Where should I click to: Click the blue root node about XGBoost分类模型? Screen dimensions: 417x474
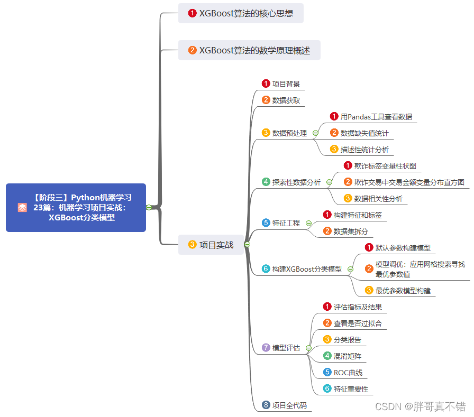tap(76, 207)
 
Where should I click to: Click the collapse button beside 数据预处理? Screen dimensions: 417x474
tap(315, 133)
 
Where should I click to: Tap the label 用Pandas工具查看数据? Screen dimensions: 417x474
tap(376, 117)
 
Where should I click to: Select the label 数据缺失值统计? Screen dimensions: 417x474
tap(364, 133)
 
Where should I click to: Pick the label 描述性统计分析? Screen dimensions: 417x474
tap(364, 150)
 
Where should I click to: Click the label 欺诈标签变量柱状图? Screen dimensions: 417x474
tap(385, 166)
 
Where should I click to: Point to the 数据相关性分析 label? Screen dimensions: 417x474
tap(378, 199)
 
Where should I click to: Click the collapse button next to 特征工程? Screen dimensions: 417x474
tap(308, 223)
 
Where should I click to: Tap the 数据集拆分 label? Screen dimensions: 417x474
tap(351, 231)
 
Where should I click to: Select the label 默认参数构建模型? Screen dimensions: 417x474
tap(403, 247)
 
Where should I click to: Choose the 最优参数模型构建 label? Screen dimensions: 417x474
tap(403, 290)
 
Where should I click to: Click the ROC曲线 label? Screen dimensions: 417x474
tap(348, 373)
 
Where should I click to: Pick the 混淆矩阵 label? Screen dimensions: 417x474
tap(348, 356)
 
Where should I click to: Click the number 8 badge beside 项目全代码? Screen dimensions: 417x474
tap(266, 405)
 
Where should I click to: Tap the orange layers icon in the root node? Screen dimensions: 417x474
tap(22, 208)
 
